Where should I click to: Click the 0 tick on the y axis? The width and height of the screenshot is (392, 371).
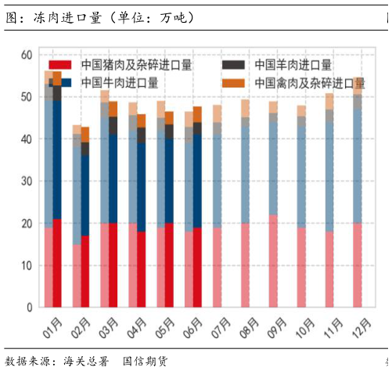coord(27,308)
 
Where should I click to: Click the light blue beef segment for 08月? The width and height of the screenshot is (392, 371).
coord(246,172)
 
